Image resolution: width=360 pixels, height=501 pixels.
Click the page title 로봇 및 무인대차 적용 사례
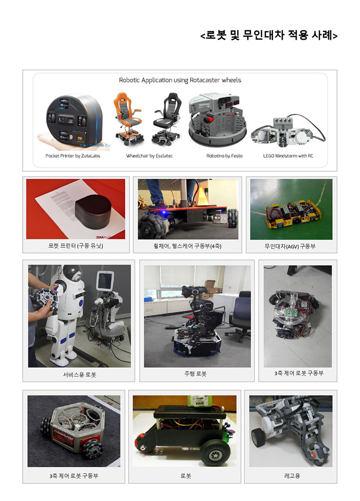269,35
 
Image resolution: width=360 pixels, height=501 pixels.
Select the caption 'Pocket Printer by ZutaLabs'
73,156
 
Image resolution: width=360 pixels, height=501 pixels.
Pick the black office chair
167,118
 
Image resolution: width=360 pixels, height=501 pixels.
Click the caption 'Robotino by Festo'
224,156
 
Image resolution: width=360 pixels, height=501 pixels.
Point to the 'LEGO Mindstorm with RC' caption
288,156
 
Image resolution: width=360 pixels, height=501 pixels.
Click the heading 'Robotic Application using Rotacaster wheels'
180,80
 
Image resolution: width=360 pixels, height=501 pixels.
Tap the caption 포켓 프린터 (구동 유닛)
76,246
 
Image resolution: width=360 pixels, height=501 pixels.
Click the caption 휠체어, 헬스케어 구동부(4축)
187,246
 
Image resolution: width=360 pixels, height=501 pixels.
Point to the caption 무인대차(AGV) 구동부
290,246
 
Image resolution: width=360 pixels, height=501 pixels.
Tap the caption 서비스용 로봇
80,375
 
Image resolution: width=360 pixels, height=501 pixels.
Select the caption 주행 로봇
195,374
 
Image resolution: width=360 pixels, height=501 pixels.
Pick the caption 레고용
292,476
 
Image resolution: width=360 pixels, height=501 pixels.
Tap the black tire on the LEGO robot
258,437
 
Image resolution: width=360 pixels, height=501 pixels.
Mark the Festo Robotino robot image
217,120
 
